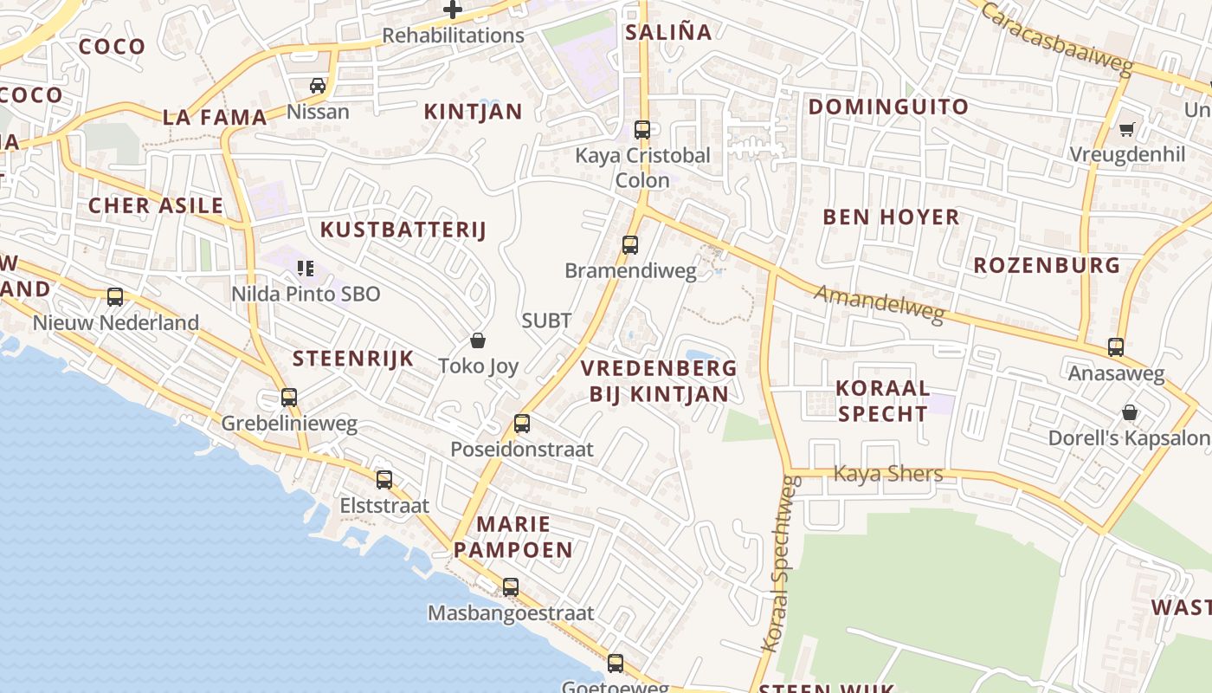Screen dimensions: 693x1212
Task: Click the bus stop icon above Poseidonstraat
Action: [521, 423]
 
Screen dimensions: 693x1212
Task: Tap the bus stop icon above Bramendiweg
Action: [630, 244]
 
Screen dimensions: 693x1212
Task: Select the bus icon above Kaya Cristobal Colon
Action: [641, 130]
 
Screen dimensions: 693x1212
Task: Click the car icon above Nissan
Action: [318, 85]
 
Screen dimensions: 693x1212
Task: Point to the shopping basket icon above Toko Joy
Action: [477, 340]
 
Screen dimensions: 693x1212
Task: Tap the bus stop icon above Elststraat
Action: [384, 479]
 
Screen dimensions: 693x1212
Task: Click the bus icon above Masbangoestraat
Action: [511, 586]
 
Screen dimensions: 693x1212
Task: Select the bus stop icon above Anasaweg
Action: [1116, 347]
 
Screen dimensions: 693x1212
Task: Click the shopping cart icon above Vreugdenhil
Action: [1126, 129]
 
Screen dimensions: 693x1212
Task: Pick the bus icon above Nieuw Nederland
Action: [115, 297]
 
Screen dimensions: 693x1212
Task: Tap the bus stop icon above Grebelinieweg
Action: [289, 398]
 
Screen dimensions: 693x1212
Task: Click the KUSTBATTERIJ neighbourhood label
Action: [403, 230]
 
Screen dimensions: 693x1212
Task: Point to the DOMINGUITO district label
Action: [888, 107]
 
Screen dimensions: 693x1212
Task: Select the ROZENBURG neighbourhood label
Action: [1047, 265]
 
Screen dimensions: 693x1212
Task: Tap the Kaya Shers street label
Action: [887, 473]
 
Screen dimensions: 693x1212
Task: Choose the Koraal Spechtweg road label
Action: [777, 563]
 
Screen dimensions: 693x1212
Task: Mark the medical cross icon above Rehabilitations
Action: [453, 10]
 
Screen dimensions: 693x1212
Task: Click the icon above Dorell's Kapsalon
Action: [1129, 411]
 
